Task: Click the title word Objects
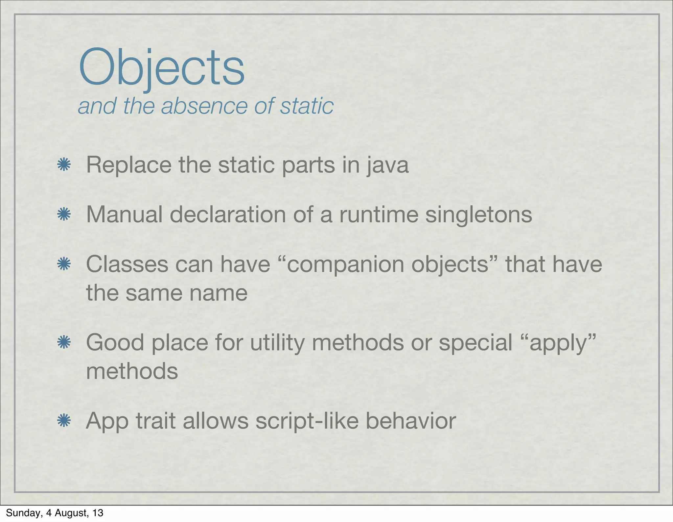click(x=162, y=68)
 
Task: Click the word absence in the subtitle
click(x=204, y=106)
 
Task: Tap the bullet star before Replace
click(x=64, y=164)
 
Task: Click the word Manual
click(x=124, y=214)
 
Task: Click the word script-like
click(x=307, y=421)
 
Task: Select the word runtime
click(x=379, y=214)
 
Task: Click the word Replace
click(x=128, y=165)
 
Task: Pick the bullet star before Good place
click(x=64, y=342)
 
